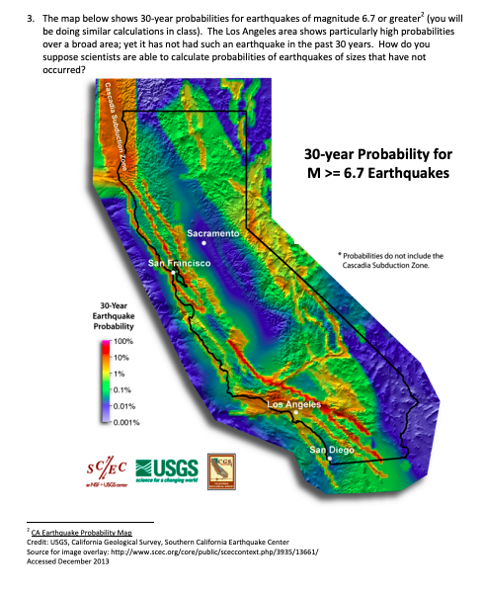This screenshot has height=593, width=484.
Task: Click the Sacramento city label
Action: [x=213, y=232]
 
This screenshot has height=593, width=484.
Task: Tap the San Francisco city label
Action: [x=179, y=264]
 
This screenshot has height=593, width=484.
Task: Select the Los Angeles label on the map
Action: [x=294, y=404]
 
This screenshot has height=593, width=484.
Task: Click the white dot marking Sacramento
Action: [x=204, y=242]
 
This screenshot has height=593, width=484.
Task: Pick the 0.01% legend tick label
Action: [x=123, y=405]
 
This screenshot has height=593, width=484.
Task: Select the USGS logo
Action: [x=165, y=466]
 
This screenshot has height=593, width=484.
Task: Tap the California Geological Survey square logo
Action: [x=222, y=468]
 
